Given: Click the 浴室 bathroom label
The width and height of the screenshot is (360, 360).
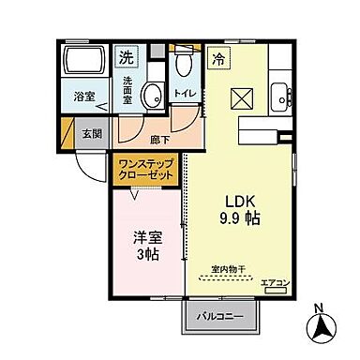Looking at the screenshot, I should pos(83,95).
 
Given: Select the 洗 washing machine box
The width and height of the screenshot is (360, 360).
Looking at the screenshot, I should pos(125,57).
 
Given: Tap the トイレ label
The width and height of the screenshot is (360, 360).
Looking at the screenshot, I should pos(184,93).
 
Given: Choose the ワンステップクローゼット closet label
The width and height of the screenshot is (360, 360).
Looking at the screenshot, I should pos(147,170).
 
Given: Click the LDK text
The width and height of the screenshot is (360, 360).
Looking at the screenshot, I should pos(238,201).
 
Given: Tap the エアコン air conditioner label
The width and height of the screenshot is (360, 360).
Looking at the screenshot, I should pos(274,281).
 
